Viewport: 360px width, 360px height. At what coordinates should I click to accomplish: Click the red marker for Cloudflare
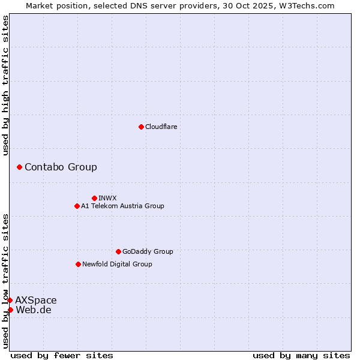pyautogui.click(x=141, y=127)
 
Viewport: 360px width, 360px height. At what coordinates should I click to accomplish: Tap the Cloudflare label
pyautogui.click(x=161, y=127)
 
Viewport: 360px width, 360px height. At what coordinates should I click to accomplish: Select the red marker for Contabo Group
pyautogui.click(x=19, y=167)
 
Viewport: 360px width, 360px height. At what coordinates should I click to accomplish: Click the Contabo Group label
pyautogui.click(x=61, y=167)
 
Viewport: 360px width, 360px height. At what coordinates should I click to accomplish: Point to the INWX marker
pyautogui.click(x=94, y=198)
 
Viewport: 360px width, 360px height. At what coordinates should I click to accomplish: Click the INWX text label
pyautogui.click(x=107, y=198)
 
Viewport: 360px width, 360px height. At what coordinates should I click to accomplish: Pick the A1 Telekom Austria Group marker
pyautogui.click(x=77, y=206)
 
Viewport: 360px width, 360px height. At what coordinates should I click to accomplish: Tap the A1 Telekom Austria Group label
pyautogui.click(x=122, y=206)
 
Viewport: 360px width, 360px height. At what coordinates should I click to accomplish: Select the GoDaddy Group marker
pyautogui.click(x=118, y=251)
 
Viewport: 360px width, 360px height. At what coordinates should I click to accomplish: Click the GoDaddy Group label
pyautogui.click(x=148, y=251)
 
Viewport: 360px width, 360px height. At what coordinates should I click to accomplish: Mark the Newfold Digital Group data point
pyautogui.click(x=78, y=264)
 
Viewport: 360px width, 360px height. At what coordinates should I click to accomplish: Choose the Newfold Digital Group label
pyautogui.click(x=117, y=264)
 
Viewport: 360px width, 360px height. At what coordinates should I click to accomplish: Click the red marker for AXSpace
pyautogui.click(x=10, y=300)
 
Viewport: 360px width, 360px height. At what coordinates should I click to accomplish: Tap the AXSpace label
pyautogui.click(x=36, y=300)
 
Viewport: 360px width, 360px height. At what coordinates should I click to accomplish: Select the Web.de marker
pyautogui.click(x=10, y=310)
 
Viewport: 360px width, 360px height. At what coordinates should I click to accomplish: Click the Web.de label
pyautogui.click(x=34, y=310)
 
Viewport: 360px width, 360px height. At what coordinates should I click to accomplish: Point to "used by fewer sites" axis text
pyautogui.click(x=62, y=355)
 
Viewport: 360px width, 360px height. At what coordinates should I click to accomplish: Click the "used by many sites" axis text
pyautogui.click(x=301, y=355)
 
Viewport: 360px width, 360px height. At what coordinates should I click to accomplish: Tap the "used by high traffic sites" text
pyautogui.click(x=5, y=85)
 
